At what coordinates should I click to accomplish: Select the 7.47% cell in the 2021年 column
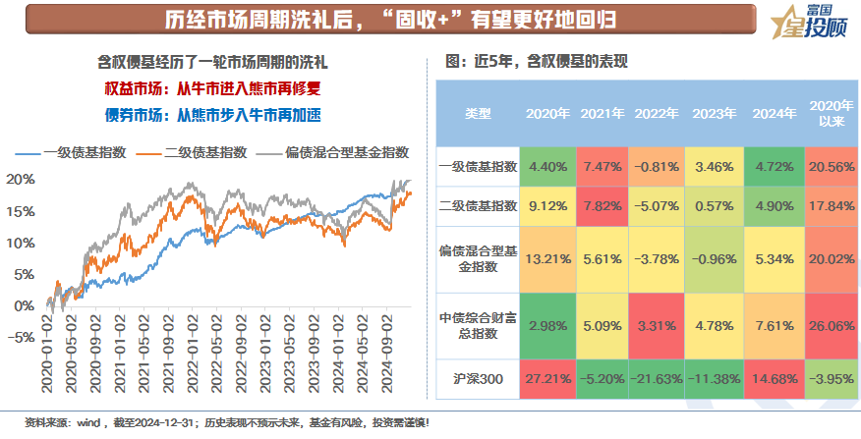(x=603, y=167)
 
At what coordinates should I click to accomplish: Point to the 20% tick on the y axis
(x=21, y=180)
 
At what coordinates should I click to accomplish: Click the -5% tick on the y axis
(x=21, y=337)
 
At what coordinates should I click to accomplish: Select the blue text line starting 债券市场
(x=214, y=113)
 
